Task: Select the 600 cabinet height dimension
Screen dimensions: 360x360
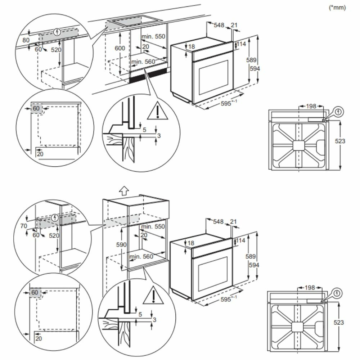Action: tap(121, 48)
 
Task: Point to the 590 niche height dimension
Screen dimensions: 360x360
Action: tap(121, 244)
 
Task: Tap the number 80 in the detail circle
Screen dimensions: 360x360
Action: tap(26, 40)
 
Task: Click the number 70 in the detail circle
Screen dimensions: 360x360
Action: tap(24, 226)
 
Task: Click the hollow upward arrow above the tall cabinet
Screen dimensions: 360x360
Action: tap(123, 190)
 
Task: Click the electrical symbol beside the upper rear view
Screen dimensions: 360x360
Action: tap(338, 112)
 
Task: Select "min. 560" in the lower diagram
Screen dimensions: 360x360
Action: tap(142, 256)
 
